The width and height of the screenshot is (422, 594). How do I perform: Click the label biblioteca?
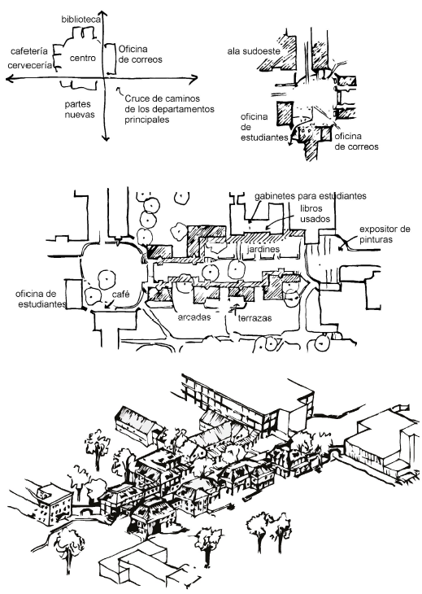point(81,20)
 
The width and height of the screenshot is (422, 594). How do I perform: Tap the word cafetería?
point(29,51)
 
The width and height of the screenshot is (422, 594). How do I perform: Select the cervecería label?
point(29,65)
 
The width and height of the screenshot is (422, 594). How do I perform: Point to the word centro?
point(82,58)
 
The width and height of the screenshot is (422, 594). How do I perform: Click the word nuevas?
point(80,115)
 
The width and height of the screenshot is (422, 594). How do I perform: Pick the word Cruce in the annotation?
point(135,98)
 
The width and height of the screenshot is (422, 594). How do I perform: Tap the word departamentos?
point(183,110)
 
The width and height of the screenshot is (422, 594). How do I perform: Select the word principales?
point(147,120)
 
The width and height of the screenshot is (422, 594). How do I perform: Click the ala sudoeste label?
point(254,51)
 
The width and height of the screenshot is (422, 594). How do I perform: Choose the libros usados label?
point(315,214)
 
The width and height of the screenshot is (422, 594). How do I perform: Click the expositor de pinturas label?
point(385,234)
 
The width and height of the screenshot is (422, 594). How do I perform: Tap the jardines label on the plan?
point(263,249)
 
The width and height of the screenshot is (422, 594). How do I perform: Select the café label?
point(120,294)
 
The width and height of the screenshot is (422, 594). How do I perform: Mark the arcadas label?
point(194,317)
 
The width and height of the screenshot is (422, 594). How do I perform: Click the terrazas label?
point(255,318)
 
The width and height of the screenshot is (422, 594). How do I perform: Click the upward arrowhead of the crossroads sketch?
point(104,15)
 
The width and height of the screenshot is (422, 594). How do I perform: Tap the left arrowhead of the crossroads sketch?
point(9,78)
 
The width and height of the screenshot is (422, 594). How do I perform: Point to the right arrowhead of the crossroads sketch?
point(194,78)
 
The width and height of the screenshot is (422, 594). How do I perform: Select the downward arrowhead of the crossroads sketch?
point(106,138)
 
